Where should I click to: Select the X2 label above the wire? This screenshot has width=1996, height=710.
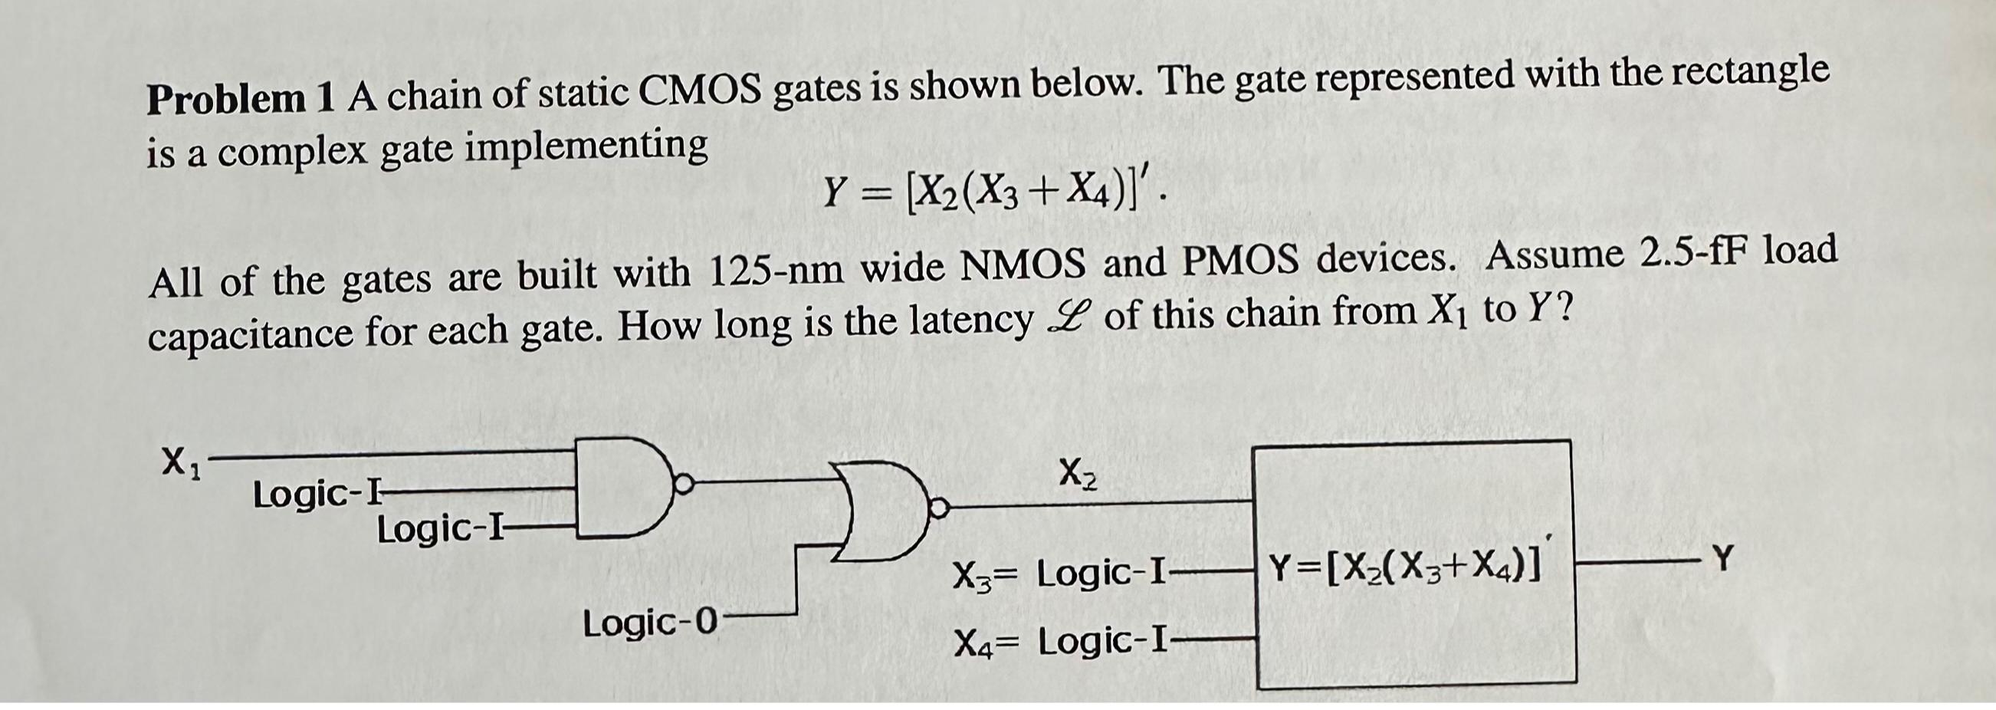pyautogui.click(x=1078, y=474)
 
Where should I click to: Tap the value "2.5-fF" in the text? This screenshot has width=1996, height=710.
pyautogui.click(x=1712, y=255)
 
